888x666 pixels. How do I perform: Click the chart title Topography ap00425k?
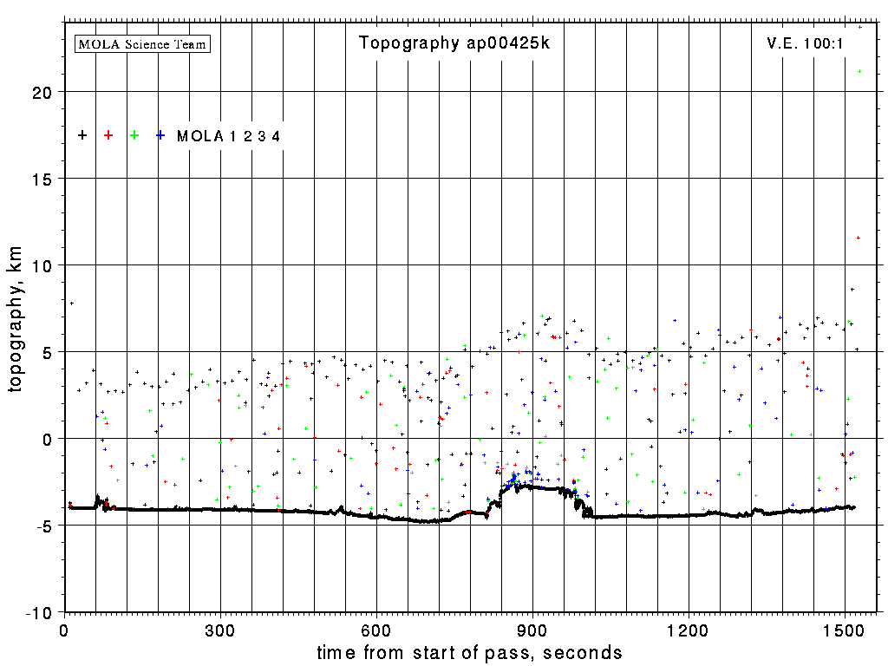pos(454,43)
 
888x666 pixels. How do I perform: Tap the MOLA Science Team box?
pos(143,43)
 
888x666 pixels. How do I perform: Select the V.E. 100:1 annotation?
pos(805,43)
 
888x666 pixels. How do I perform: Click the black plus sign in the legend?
pos(82,135)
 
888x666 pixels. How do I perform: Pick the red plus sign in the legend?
pos(108,135)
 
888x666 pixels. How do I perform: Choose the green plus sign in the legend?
pos(134,135)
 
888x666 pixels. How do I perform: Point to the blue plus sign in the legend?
pos(160,135)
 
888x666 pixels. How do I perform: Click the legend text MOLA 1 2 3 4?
pos(228,136)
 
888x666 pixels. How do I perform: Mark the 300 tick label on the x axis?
pos(220,629)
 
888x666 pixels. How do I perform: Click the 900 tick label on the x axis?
pos(532,629)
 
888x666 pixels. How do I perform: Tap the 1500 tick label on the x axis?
pos(845,629)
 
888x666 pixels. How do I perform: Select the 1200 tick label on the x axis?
pos(689,629)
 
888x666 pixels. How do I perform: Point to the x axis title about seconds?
pos(469,652)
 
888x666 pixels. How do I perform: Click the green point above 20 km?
pos(859,71)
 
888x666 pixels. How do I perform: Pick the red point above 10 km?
pos(858,238)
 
